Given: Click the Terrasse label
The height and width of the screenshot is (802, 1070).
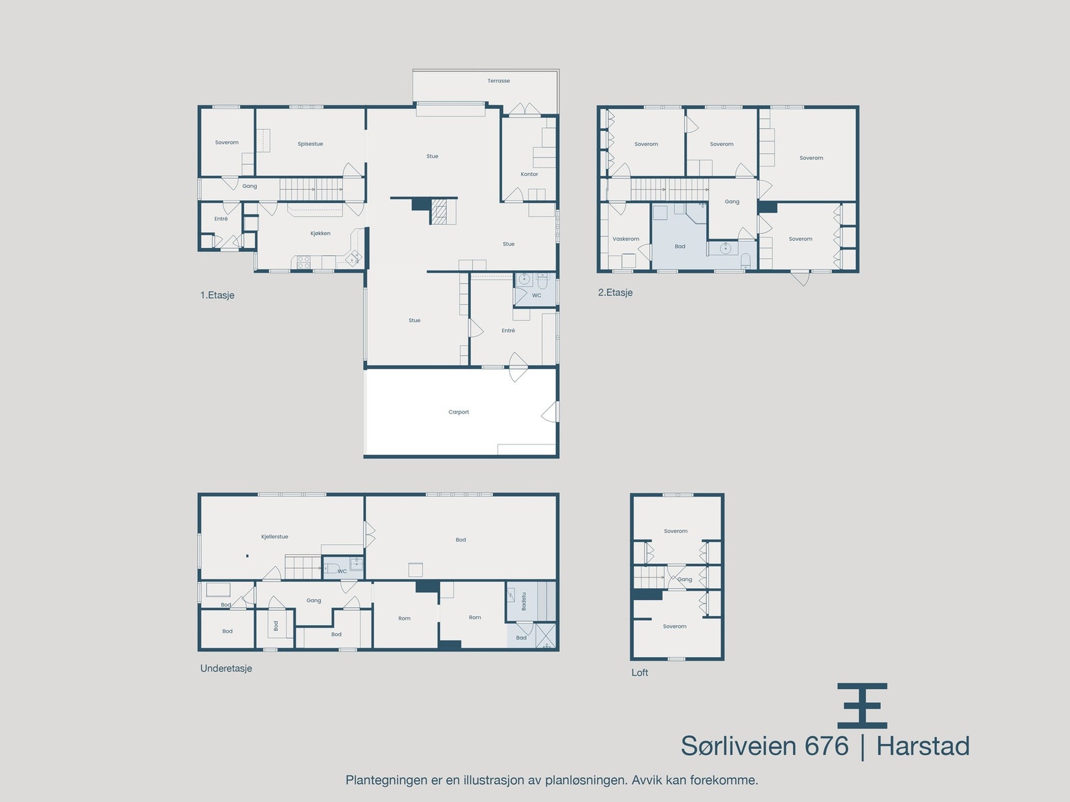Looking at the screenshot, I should coord(498,81).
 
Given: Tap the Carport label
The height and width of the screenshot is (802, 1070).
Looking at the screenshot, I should coord(459,412).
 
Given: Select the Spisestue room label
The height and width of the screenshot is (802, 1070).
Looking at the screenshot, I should coord(310,144).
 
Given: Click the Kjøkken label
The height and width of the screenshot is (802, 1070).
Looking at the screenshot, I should coord(320,234).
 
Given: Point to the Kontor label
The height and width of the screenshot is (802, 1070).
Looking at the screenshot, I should coord(530,174).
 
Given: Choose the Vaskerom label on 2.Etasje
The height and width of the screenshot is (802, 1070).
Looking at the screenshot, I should coord(626,239).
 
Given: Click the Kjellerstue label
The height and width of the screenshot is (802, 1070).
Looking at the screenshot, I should coord(275,537).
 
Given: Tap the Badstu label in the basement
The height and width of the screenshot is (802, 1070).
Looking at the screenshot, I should coord(524,601).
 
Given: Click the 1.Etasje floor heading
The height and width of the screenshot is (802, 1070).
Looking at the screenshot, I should coord(217,295).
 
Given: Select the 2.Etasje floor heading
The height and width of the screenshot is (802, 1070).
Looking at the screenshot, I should coord(615,293).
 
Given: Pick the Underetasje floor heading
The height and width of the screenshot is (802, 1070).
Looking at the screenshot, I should coord(226,668).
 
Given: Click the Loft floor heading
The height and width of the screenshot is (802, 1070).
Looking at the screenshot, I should coord(640,673).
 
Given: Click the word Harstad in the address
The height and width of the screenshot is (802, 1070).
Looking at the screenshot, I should coord(923,746).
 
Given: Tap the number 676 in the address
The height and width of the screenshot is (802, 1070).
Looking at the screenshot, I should coord(827,746).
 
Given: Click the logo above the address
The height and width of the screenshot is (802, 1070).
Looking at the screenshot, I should coord(862,706).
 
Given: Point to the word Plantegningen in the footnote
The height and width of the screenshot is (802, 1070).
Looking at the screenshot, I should coord(385,780).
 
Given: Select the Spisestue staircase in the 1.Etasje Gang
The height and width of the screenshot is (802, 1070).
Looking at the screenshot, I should coord(311,189).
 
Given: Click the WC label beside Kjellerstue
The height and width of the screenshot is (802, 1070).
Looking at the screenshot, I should coord(342,571).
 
